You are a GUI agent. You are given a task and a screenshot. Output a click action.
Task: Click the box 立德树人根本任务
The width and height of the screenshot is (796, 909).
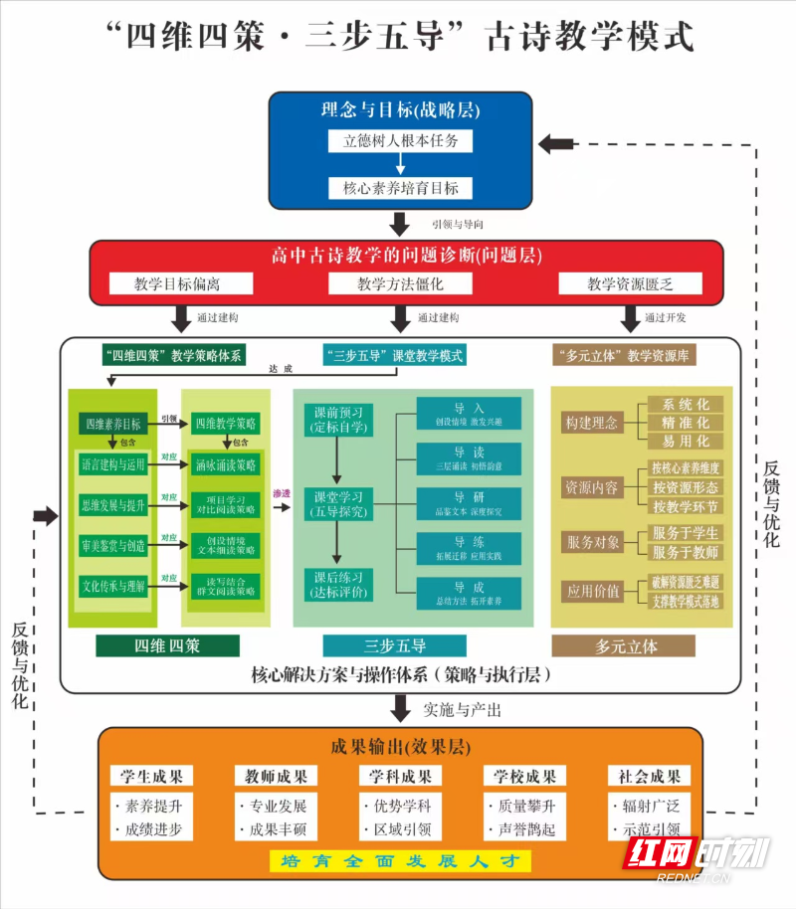pos(400,140)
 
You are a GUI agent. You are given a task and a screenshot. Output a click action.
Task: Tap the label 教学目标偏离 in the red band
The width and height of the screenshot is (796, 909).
pos(178,284)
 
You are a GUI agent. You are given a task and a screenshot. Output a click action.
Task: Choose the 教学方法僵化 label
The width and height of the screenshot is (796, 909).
pos(400,284)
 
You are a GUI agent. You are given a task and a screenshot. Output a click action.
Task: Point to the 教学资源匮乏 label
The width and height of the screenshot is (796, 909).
pos(630,284)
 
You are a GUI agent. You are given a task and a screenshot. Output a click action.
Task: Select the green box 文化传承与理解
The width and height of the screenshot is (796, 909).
pos(113,586)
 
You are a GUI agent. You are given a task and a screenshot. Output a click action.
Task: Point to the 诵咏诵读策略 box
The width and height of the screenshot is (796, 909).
pos(226,463)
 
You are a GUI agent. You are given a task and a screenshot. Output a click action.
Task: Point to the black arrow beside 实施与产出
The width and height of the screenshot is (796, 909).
pos(400,709)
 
